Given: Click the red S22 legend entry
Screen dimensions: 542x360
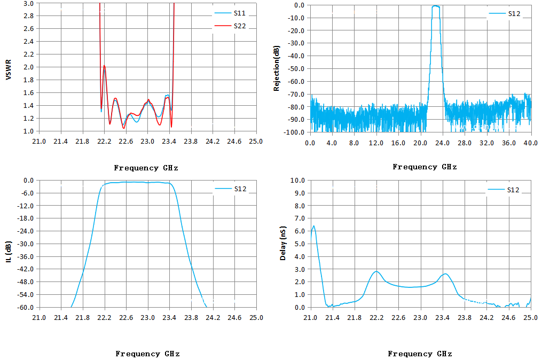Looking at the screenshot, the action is pos(230,26).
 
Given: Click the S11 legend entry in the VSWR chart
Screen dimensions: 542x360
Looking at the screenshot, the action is pos(230,13).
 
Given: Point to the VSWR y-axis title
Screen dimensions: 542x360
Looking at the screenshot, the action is pos(9,69).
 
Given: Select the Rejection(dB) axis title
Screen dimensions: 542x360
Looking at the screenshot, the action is pos(276,68).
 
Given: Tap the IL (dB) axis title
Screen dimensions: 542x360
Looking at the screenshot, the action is pos(9,252).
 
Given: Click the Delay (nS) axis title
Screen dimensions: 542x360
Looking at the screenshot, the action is pos(283,244).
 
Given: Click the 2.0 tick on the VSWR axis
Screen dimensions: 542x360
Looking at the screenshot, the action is pos(29,67).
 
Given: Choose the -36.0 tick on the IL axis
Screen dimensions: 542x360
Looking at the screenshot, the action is pos(26,256).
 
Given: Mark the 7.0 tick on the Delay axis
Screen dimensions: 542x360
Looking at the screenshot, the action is pos(297,218).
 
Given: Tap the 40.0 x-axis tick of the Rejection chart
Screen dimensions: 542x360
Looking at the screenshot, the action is pos(531,143).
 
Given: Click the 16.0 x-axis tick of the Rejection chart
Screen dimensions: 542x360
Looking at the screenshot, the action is pos(398,143).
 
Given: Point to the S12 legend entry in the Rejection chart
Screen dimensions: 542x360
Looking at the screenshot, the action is pos(505,13).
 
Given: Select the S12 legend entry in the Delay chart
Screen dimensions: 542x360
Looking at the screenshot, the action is pos(504,190).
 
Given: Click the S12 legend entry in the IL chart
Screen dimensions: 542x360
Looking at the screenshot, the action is pos(231,189).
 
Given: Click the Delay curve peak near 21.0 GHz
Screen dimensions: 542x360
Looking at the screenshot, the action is pos(313,226).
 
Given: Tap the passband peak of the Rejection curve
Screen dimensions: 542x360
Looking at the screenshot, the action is pos(436,6).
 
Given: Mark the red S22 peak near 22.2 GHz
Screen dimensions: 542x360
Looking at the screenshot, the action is pos(104,66).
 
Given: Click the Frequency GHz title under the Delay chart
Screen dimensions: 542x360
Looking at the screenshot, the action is pos(420,354).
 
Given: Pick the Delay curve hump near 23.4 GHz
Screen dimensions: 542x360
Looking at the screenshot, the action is pos(445,274).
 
